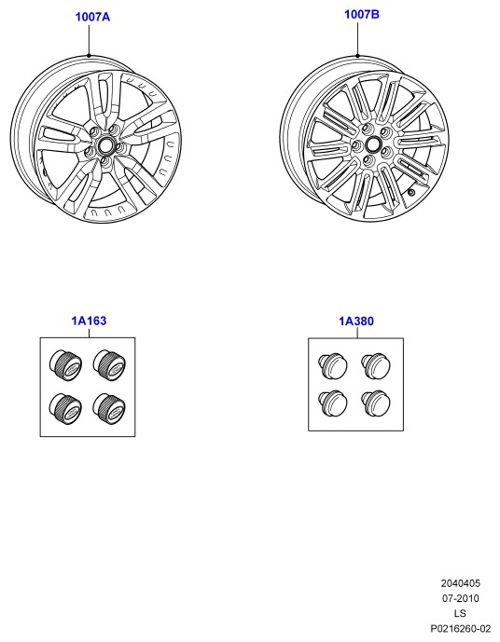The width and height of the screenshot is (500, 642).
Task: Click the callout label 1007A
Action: [x=92, y=17]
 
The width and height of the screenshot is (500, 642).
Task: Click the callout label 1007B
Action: [x=362, y=14]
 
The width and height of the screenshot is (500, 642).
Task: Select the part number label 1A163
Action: [x=89, y=321]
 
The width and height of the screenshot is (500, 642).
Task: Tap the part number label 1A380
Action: [x=356, y=321]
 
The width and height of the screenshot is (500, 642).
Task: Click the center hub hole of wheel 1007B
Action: [x=373, y=144]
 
